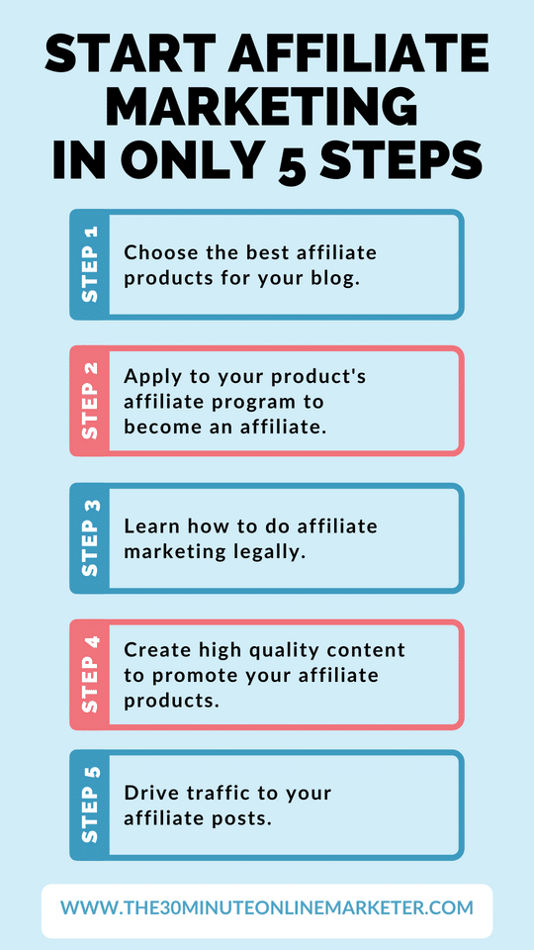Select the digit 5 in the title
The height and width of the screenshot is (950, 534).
(293, 161)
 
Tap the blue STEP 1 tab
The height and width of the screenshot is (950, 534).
(90, 264)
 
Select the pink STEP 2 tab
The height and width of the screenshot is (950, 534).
(90, 401)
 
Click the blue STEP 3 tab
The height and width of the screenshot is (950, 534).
(90, 537)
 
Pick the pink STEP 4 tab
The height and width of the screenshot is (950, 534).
(90, 674)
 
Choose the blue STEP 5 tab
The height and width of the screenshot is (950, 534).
(90, 805)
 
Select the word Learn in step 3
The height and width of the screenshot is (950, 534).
(149, 526)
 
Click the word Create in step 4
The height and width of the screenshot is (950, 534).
(154, 650)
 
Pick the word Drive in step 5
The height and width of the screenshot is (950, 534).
(148, 793)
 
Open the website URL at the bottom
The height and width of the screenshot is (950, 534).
(267, 907)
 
